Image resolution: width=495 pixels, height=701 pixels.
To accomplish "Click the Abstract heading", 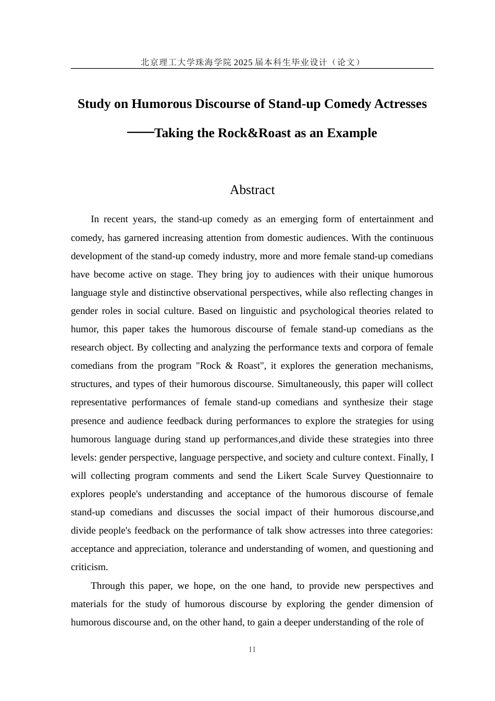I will (252, 190).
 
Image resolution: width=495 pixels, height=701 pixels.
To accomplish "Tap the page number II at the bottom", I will (252, 649).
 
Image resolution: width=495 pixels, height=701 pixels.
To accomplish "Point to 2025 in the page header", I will (243, 62).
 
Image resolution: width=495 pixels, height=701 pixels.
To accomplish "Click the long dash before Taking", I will (140, 132).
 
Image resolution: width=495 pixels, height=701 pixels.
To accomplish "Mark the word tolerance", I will (208, 549).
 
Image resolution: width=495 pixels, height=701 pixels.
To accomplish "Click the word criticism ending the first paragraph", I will (89, 567).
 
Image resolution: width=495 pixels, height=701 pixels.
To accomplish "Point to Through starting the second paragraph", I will (108, 586).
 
